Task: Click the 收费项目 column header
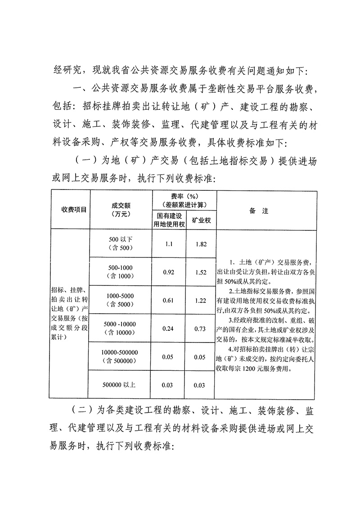[71, 210]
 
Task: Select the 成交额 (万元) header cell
[121, 210]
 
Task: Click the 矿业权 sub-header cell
[201, 221]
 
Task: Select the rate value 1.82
[201, 243]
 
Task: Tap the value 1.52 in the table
[201, 272]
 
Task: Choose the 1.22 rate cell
[201, 300]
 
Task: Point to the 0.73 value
[201, 329]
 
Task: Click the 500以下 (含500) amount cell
[121, 243]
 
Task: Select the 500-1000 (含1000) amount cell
[121, 272]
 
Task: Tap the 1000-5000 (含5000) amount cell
[121, 300]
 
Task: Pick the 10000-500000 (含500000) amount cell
[121, 357]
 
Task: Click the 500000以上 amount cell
[121, 385]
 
